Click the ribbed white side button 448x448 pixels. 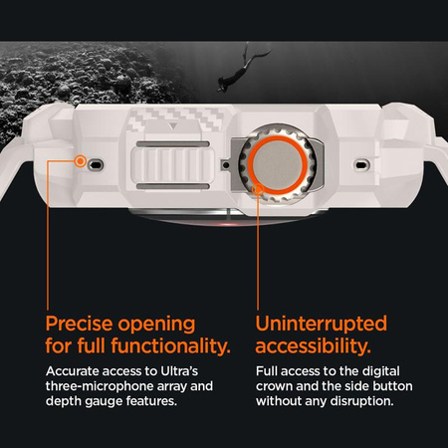(x=172, y=165)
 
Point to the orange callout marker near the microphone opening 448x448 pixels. (x=80, y=161)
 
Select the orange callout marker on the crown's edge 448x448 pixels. (x=258, y=190)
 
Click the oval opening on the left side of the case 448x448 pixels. (x=97, y=164)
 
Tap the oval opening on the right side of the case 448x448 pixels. (x=361, y=164)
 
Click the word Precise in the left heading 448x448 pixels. (x=79, y=324)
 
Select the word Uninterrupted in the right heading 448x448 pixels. (x=322, y=324)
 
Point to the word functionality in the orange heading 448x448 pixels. (x=171, y=345)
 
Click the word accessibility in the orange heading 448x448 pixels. (x=313, y=346)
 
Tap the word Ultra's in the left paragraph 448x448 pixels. (x=179, y=371)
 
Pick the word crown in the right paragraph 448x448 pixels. (x=274, y=386)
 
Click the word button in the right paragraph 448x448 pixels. (x=392, y=386)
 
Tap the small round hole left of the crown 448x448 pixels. (x=226, y=164)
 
